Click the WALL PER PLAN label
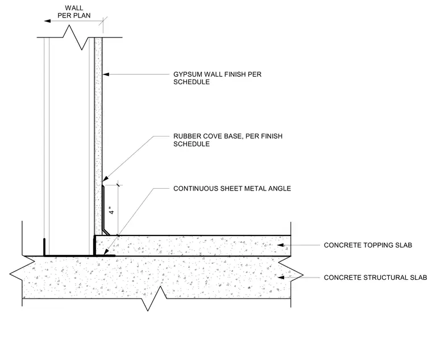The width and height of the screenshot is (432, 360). [74, 12]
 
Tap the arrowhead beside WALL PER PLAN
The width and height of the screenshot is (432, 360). [47, 21]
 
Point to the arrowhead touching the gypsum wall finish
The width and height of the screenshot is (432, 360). [106, 74]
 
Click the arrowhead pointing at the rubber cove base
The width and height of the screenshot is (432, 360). [106, 179]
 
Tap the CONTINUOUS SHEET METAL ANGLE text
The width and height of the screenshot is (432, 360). [232, 189]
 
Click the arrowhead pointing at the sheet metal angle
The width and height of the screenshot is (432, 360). [106, 252]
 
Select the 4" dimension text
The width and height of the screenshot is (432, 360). [111, 211]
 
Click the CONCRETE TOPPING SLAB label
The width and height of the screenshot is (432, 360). [368, 245]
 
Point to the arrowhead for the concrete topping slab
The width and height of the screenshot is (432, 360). [280, 245]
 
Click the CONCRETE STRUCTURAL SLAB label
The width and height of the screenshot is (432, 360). [375, 278]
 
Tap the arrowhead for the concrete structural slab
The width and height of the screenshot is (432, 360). [280, 278]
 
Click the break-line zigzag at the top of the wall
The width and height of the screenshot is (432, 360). [76, 37]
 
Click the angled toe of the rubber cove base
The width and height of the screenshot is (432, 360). [106, 232]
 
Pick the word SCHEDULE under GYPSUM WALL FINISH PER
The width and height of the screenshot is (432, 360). [192, 82]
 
